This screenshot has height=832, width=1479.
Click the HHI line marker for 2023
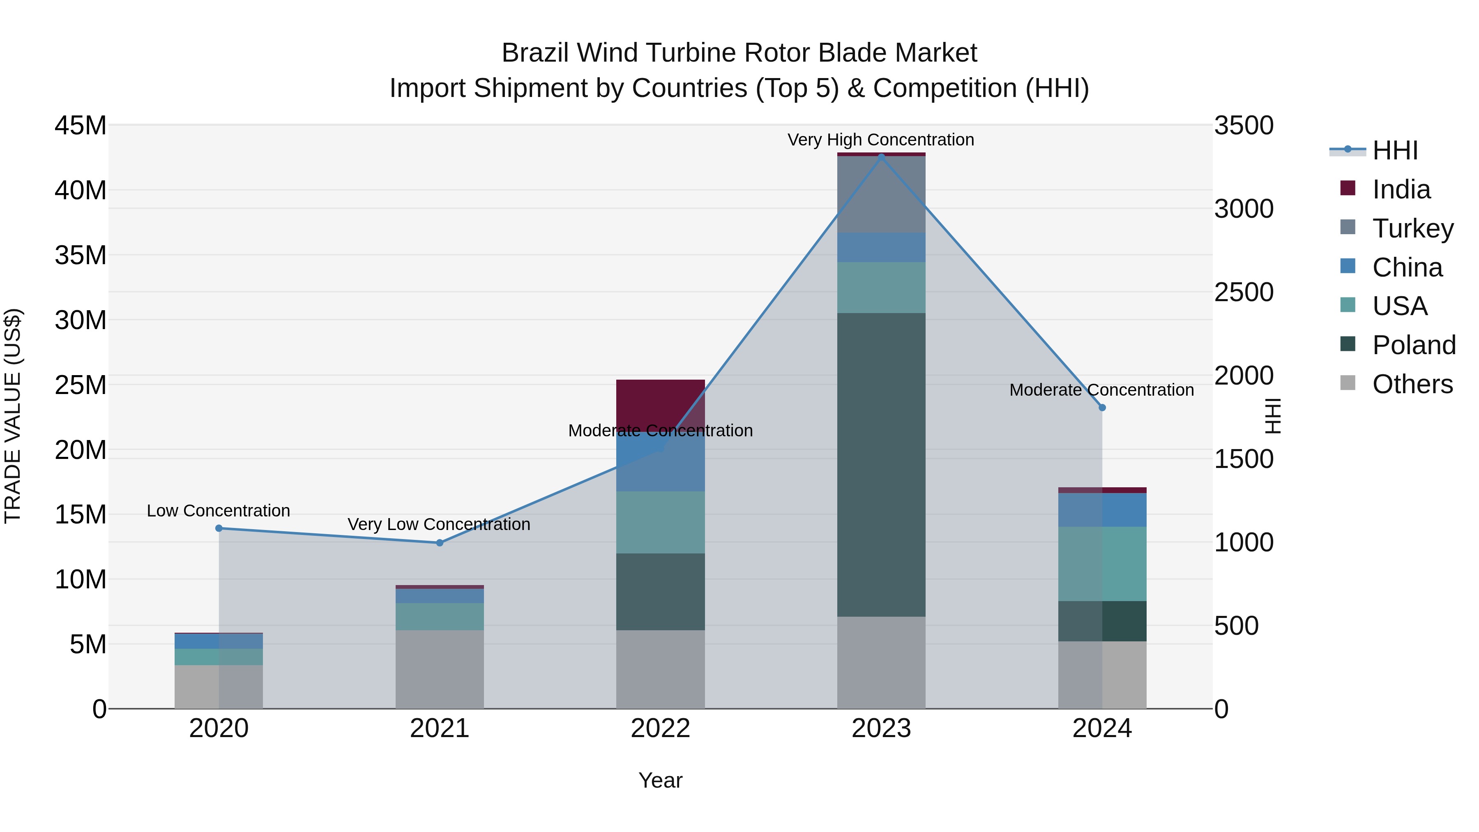point(881,157)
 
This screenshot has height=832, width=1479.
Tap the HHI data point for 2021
point(440,543)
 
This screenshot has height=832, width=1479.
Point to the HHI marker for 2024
point(1102,408)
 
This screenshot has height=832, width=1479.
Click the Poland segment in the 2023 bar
point(881,465)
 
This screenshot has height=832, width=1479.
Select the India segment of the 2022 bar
point(660,401)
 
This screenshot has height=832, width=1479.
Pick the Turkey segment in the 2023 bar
point(881,194)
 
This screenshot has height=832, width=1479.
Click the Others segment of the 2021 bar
point(440,670)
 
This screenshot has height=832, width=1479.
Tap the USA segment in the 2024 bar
point(1102,564)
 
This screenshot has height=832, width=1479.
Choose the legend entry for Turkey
point(1412,228)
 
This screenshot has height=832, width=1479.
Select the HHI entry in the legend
point(1395,150)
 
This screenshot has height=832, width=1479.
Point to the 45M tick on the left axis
point(81,126)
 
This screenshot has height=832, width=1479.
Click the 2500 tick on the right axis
point(1244,292)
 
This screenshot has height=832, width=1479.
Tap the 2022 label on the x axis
point(660,728)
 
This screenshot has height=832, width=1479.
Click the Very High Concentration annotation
point(881,140)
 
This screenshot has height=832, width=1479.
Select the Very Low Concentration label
point(439,524)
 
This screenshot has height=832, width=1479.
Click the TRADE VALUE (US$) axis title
point(13,416)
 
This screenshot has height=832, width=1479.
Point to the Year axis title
point(660,780)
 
